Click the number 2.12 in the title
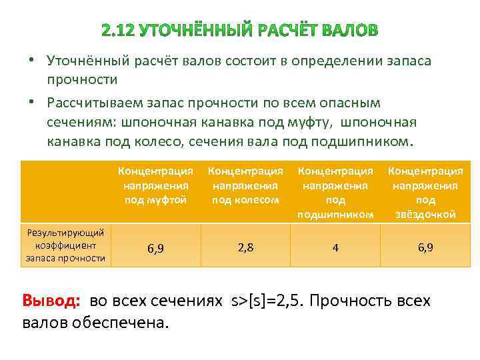(117, 31)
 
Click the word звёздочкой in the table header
(425, 214)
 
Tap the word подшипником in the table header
(335, 214)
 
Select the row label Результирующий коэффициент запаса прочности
(65, 245)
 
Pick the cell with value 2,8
(245, 247)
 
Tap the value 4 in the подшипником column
(335, 247)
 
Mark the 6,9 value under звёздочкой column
(425, 247)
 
